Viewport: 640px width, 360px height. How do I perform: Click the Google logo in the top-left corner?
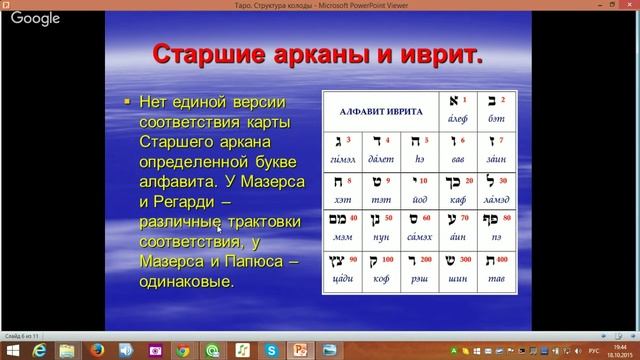tap(35, 19)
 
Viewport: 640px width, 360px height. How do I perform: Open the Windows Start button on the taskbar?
tap(13, 350)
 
